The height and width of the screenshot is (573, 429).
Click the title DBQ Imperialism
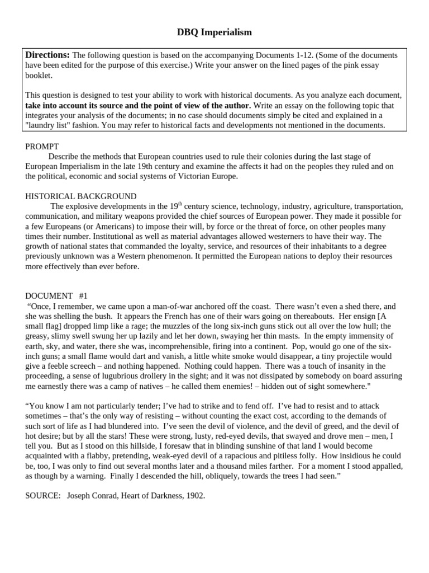pyautogui.click(x=214, y=32)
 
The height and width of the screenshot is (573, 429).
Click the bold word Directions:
pyautogui.click(x=47, y=55)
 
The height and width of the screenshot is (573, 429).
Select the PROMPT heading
pyautogui.click(x=42, y=146)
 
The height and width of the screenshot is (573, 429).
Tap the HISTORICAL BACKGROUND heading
pyautogui.click(x=80, y=196)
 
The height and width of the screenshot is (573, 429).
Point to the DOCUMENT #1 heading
pyautogui.click(x=56, y=295)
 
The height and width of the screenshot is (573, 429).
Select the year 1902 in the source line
pyautogui.click(x=196, y=495)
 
